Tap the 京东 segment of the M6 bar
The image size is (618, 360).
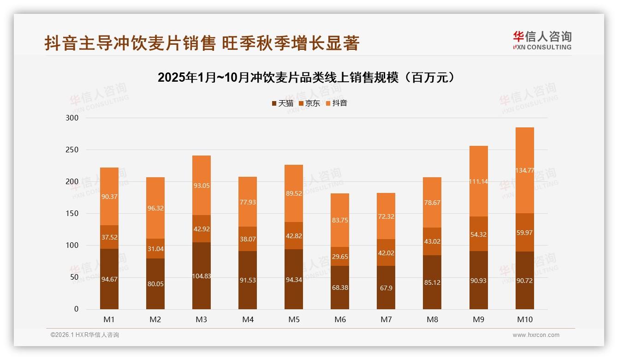click(340, 256)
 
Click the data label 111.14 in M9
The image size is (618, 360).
click(478, 181)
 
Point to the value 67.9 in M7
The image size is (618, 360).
click(386, 288)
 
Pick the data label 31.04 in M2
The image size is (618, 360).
click(155, 249)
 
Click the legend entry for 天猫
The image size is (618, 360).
click(282, 103)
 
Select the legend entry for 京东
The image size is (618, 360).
click(309, 103)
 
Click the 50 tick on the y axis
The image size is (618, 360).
click(74, 277)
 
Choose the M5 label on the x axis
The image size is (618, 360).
click(294, 319)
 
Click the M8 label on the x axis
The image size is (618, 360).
click(432, 319)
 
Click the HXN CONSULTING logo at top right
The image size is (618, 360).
click(542, 40)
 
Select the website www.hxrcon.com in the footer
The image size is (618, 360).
click(536, 335)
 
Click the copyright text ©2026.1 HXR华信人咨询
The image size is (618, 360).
click(84, 335)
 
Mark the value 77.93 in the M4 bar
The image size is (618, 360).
click(248, 203)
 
